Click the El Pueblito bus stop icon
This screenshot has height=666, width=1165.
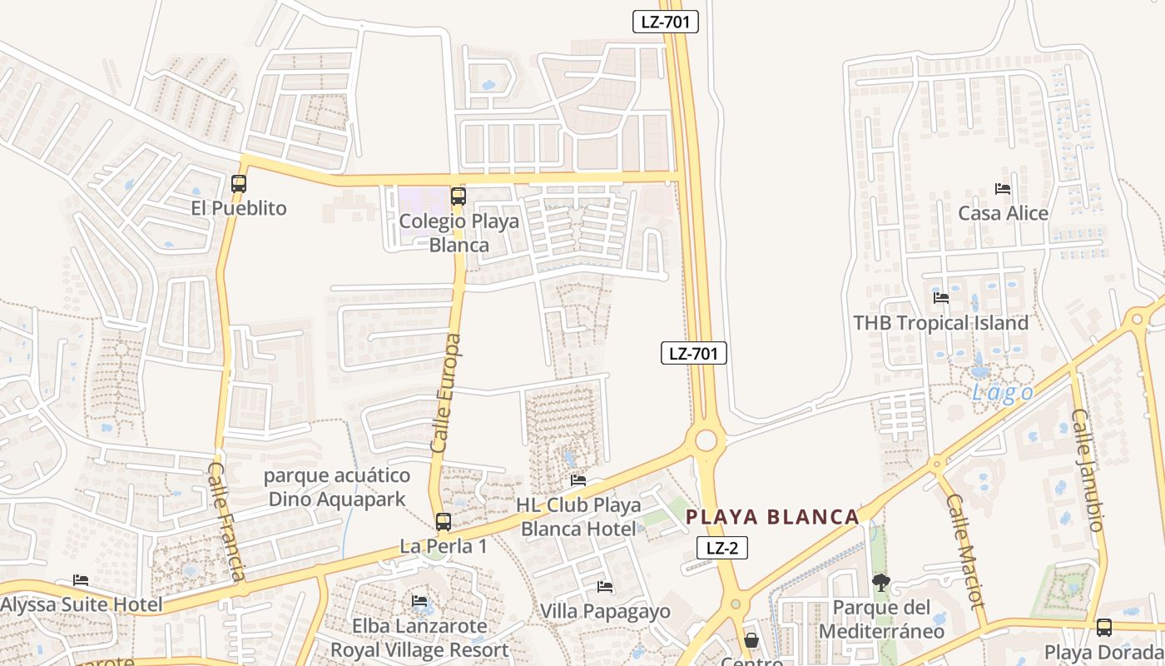click(239, 184)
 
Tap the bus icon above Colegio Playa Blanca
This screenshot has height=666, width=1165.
click(458, 196)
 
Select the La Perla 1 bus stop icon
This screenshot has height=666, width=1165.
click(444, 522)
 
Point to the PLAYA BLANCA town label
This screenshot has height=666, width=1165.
click(772, 517)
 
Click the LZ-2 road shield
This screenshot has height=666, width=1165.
click(721, 548)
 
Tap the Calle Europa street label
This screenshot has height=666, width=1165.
click(447, 393)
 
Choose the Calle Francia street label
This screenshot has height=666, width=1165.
click(226, 522)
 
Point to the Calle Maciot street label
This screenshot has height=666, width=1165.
click(965, 550)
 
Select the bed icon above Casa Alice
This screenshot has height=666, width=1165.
click(1003, 189)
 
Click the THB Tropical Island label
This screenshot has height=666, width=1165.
click(941, 323)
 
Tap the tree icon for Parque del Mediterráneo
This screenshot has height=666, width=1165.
click(880, 583)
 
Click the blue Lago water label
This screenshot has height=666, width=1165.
click(1003, 393)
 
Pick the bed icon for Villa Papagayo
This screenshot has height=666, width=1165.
click(605, 587)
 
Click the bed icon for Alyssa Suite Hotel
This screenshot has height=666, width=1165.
click(81, 580)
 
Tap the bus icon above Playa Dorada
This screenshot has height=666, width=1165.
click(1103, 627)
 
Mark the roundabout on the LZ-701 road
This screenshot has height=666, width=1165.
click(706, 440)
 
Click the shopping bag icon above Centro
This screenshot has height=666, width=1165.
click(751, 639)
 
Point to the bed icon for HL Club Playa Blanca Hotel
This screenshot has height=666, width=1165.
click(578, 480)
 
